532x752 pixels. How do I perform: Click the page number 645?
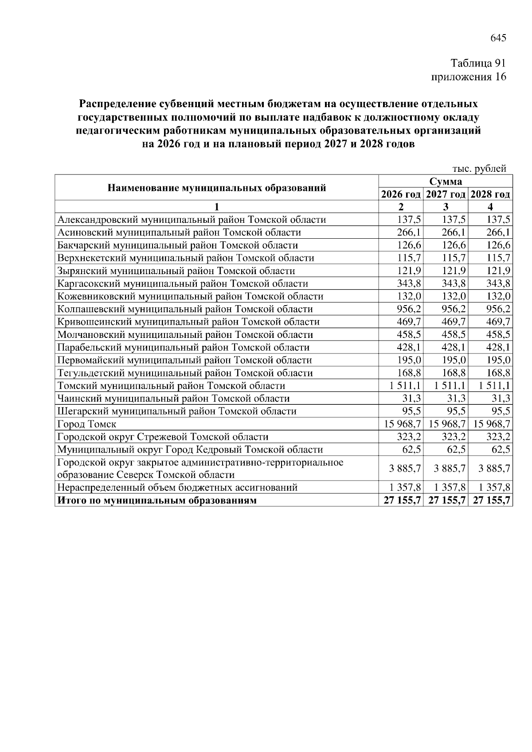[498, 38]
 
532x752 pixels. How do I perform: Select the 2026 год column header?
[401, 194]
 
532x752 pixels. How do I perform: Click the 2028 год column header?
[490, 194]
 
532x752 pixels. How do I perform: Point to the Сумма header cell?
[445, 182]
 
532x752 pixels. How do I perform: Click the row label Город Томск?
[87, 424]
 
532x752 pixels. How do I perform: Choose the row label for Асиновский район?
[179, 233]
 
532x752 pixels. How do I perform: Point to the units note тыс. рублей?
[479, 169]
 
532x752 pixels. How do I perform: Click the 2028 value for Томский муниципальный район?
[494, 386]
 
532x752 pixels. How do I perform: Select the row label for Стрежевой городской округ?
[163, 437]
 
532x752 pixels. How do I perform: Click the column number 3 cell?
[446, 207]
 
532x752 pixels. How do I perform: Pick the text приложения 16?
[469, 77]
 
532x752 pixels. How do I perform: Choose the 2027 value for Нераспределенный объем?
[450, 488]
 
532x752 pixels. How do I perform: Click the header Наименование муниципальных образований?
[217, 188]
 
